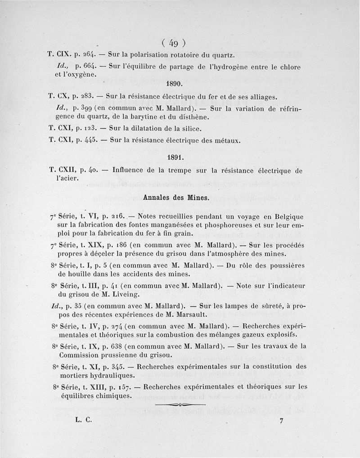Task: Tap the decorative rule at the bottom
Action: pyautogui.click(x=180, y=405)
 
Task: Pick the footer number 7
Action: pyautogui.click(x=281, y=422)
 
